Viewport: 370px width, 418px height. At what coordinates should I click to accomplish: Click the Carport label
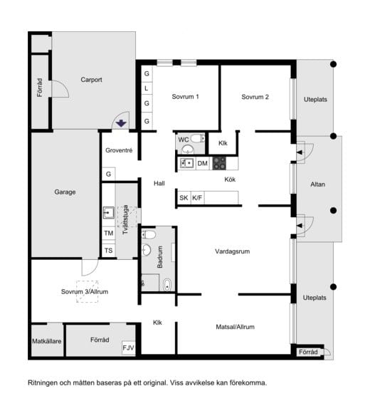91,80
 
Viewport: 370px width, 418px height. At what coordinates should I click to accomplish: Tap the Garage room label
65,192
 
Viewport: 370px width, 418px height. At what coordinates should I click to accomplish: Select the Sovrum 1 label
185,97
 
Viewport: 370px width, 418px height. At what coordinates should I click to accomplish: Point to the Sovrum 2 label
255,97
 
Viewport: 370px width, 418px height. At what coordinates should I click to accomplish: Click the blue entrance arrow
122,123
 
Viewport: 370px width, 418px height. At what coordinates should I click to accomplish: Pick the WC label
184,140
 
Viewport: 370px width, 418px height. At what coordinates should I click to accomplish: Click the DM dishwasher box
203,163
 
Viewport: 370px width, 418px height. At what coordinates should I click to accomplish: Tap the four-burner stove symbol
219,163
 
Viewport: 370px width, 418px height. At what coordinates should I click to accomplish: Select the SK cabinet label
184,198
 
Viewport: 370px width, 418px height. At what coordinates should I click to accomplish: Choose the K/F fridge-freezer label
197,198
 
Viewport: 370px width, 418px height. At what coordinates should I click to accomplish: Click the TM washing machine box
109,233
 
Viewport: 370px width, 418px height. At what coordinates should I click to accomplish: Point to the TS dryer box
109,250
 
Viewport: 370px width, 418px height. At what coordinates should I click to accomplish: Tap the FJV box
128,348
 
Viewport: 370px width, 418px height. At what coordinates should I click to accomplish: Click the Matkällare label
46,341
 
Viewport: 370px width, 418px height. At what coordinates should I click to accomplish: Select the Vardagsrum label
233,251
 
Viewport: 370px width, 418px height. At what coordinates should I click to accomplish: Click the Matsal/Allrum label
235,327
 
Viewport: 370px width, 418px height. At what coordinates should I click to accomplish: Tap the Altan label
317,184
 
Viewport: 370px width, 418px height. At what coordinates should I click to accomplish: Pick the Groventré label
119,151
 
